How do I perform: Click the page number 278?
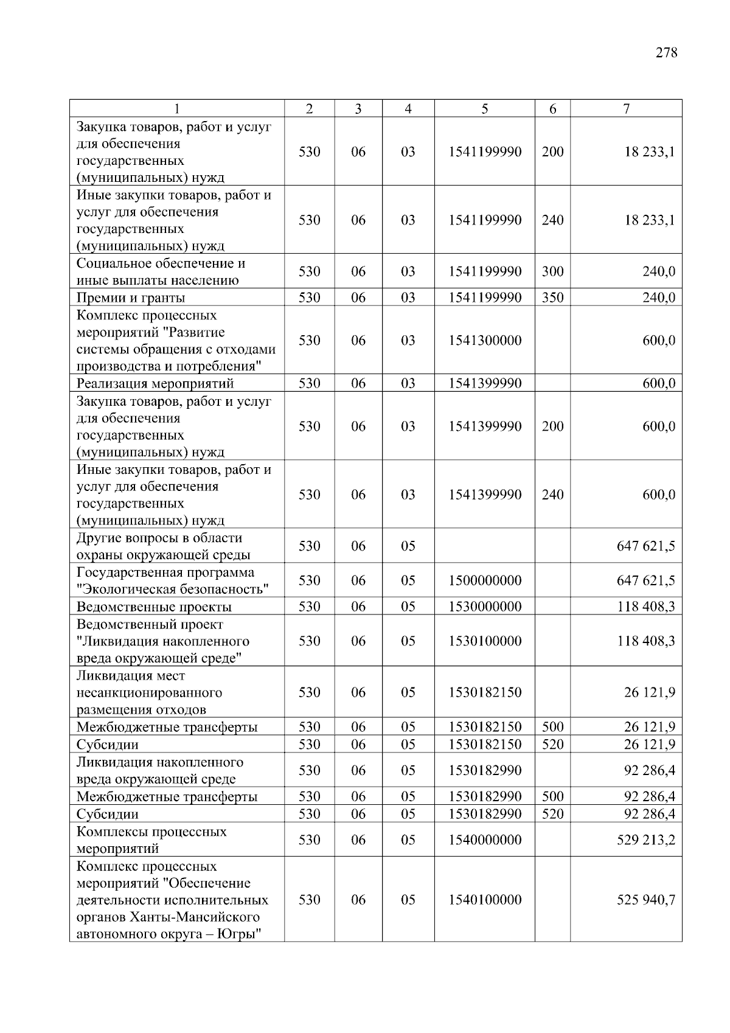pos(666,53)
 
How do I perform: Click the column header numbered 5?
pos(484,109)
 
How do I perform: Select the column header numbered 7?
pos(626,109)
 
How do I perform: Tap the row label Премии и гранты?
pos(131,297)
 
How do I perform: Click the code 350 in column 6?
pos(552,297)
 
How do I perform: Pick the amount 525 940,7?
pos(645,900)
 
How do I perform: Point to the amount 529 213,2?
pos(645,840)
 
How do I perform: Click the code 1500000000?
pos(485,580)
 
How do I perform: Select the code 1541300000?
pos(485,341)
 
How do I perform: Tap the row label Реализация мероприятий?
pos(155,383)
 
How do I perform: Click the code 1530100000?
pos(485,641)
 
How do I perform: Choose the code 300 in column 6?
pos(552,271)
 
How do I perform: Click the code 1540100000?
pos(485,900)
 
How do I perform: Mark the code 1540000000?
pos(485,840)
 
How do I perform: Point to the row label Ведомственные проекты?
pos(154,607)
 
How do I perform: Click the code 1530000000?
pos(485,607)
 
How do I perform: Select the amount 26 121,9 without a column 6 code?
pos(649,692)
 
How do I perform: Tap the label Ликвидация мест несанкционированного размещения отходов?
pos(149,692)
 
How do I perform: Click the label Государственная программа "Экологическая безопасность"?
pos(172,580)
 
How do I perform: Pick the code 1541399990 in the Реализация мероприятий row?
pos(485,383)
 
